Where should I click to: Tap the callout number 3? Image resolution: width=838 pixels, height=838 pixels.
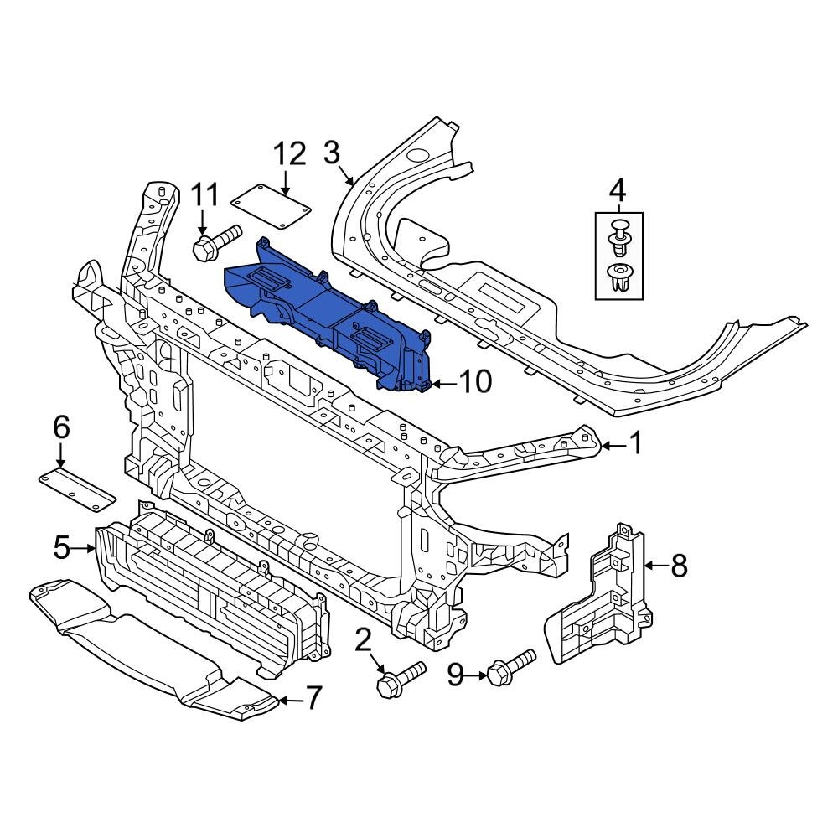[x=332, y=153]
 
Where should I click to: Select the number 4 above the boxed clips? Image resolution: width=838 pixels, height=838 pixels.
[x=618, y=188]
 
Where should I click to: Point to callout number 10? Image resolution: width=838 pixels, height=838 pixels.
[x=474, y=382]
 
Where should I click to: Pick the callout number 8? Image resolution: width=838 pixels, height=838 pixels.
[x=678, y=566]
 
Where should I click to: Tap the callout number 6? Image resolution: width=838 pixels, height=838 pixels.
[x=61, y=428]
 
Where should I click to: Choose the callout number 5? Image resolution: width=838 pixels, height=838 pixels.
[x=61, y=548]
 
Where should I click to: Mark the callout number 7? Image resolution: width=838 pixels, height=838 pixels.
[x=312, y=697]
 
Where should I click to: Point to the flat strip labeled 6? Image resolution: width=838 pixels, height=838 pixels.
[x=76, y=489]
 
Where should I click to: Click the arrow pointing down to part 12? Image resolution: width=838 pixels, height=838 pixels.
[x=286, y=183]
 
